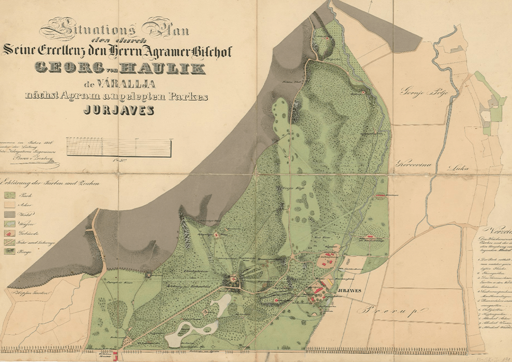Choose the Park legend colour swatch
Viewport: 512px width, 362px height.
pos(10,195)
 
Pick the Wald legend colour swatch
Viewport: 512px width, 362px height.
pos(10,214)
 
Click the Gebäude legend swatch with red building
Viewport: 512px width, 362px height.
pos(10,233)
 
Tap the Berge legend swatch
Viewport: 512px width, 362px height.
pos(10,251)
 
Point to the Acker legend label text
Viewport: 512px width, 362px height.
pos(25,205)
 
